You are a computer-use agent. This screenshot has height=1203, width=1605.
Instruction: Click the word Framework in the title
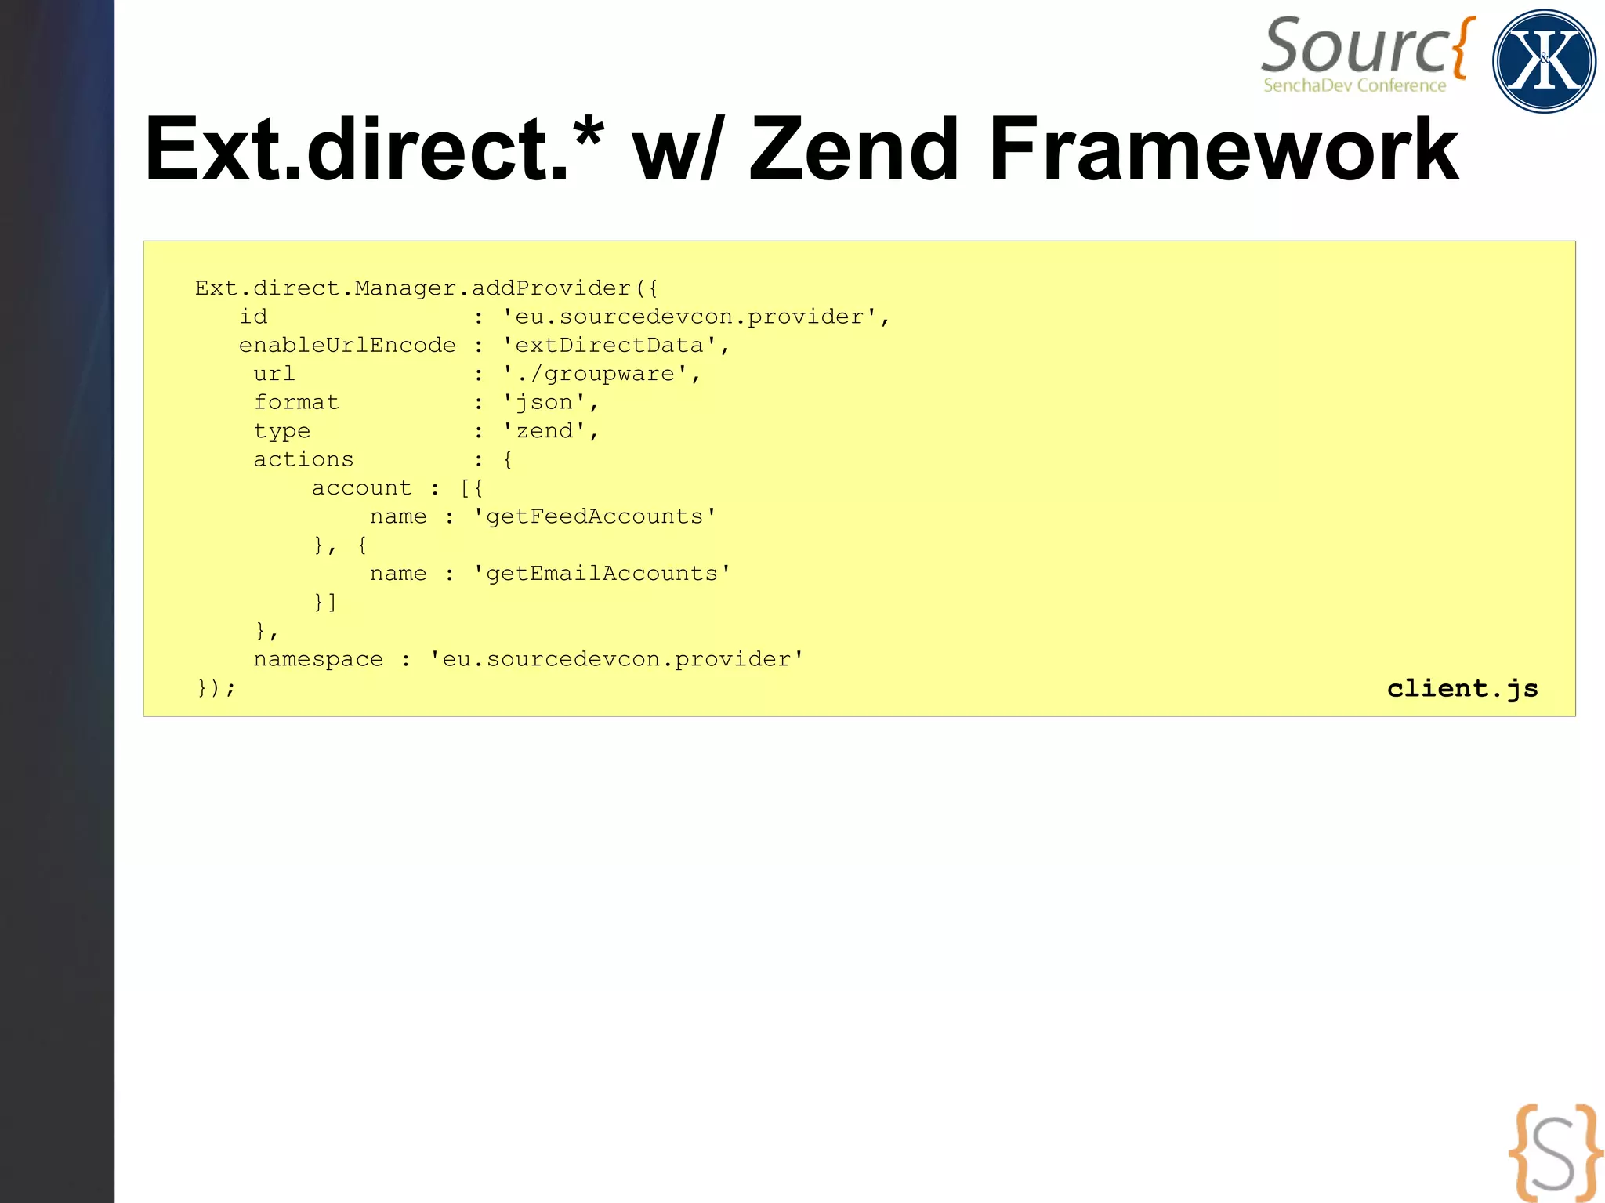click(1223, 149)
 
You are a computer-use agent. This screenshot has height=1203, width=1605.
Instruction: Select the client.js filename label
click(1462, 688)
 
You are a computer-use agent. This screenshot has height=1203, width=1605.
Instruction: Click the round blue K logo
click(1543, 61)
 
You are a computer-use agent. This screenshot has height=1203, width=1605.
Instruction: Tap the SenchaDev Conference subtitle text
click(1354, 85)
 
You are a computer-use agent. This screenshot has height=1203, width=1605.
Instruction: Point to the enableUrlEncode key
click(347, 346)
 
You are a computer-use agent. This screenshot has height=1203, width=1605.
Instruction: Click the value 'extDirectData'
click(609, 346)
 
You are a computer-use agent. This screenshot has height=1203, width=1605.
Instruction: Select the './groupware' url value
click(596, 374)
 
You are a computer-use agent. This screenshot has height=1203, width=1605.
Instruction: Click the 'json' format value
click(545, 403)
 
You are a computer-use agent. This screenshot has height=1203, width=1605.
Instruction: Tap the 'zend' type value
click(545, 431)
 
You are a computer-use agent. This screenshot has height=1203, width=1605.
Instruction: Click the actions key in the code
click(303, 460)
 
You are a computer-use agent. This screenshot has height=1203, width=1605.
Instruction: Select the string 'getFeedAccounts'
click(595, 516)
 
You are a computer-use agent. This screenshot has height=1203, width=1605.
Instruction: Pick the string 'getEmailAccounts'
click(602, 574)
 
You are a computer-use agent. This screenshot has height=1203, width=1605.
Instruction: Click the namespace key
click(318, 659)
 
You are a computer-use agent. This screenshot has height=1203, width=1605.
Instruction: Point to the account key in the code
click(361, 488)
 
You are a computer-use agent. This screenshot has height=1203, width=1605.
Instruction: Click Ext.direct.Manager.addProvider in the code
click(413, 288)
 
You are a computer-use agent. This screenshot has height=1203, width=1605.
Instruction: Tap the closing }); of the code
click(216, 688)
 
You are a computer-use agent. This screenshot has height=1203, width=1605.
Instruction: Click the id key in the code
click(253, 317)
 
